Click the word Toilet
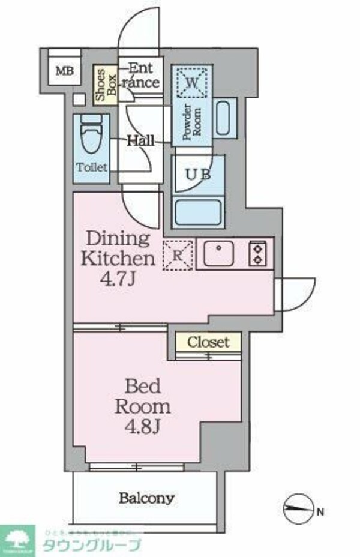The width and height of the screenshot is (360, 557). pyautogui.click(x=92, y=167)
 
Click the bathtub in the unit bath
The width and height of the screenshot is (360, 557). pyautogui.click(x=198, y=212)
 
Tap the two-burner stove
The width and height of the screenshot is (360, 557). pyautogui.click(x=259, y=254)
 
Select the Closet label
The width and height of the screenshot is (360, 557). pyautogui.click(x=208, y=342)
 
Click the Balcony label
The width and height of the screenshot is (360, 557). pyautogui.click(x=146, y=498)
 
